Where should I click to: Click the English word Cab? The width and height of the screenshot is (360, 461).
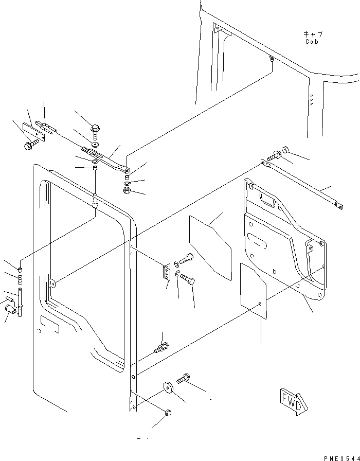pos(312,42)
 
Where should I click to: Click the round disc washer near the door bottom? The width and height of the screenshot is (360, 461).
pos(168,387)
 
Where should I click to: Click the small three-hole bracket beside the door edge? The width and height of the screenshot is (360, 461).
pos(165,272)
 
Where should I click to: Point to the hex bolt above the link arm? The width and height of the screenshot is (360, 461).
pos(95,129)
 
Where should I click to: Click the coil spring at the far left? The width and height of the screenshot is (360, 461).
pos(20,280)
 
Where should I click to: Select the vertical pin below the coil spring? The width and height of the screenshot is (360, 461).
pos(20,304)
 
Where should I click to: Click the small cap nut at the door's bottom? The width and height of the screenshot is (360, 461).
pos(168,413)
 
